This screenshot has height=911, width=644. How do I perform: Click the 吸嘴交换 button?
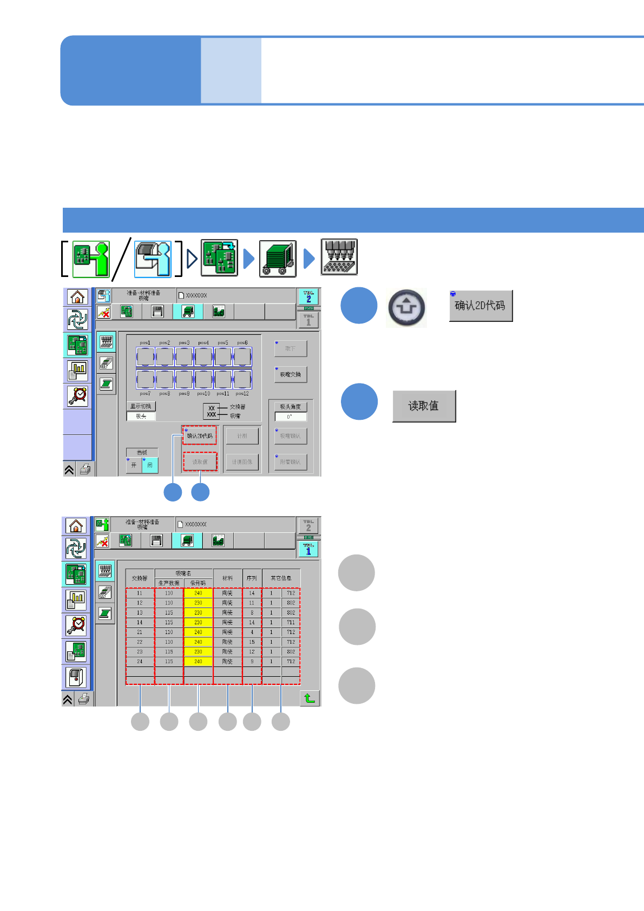pos(291,374)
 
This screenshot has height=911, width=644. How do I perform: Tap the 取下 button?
pos(291,348)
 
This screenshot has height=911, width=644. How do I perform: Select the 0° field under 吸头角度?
pos(290,417)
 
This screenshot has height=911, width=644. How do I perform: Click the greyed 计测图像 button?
pos(242,462)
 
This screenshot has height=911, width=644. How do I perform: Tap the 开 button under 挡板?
pos(134,465)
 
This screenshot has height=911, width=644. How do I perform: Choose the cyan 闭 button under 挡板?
pos(150,465)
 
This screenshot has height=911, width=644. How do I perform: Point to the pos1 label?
pos(145,342)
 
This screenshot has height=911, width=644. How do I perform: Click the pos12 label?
pos(242,393)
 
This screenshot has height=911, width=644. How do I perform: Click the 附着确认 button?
pos(291,462)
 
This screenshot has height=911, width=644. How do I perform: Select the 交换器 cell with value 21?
pos(140,632)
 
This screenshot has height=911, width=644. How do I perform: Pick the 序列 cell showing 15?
pos(252,642)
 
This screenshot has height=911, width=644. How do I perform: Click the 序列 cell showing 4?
pos(252,632)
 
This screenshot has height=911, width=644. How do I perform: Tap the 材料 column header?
pos(227,578)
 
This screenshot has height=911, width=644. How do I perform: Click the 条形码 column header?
pos(198,583)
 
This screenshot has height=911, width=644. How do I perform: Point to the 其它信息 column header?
pos(281,578)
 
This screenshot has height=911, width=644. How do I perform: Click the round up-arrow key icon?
pos(406,308)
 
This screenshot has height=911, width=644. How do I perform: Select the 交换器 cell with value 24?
pos(140,661)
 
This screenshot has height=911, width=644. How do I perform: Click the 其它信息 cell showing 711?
pos(291,622)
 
